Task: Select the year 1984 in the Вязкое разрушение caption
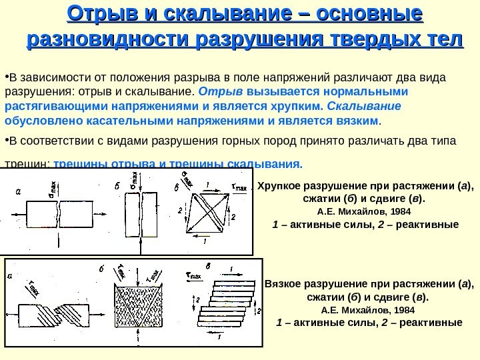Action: (x=403, y=310)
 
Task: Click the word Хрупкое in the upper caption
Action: (x=281, y=185)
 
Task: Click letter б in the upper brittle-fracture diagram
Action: (x=117, y=187)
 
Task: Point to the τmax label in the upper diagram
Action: (x=238, y=187)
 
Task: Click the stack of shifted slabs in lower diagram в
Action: (x=227, y=303)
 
